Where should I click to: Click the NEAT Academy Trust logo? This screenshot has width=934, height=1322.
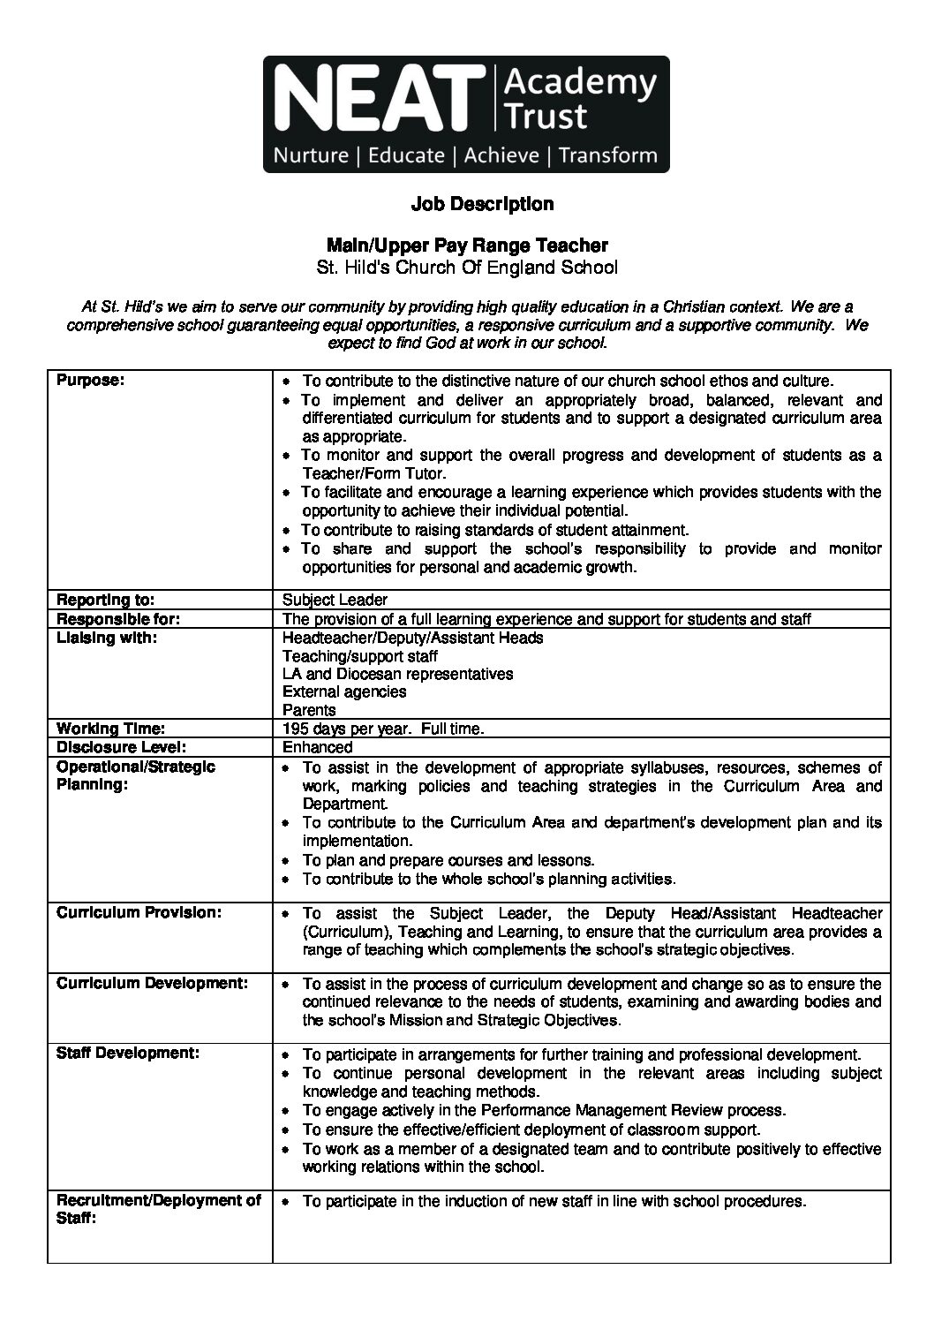(466, 114)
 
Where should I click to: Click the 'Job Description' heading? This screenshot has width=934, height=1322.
(482, 204)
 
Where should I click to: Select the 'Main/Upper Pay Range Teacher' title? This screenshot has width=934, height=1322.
(467, 245)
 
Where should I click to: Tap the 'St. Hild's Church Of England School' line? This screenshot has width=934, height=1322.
(467, 268)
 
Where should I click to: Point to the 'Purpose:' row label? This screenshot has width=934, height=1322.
(91, 381)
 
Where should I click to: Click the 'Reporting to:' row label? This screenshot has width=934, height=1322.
(106, 601)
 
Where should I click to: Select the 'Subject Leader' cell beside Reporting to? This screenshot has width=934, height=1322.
(335, 601)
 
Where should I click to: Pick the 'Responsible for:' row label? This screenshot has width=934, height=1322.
(118, 619)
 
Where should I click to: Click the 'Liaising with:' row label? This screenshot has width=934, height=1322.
(107, 638)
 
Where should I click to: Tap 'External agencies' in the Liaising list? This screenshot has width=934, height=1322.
(344, 691)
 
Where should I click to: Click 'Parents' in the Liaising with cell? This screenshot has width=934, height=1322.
(309, 710)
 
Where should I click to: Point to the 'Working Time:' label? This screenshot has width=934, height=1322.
(110, 729)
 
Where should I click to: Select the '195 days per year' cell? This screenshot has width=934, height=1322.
(383, 729)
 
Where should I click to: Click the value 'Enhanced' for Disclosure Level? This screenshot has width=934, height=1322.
(317, 747)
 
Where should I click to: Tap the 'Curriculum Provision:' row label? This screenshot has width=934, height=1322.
(139, 912)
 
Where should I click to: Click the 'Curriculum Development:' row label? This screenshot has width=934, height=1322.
(152, 982)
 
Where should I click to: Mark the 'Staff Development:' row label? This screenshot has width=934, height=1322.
(128, 1053)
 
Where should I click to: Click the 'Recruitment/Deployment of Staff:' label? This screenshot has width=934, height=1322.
(159, 1209)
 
